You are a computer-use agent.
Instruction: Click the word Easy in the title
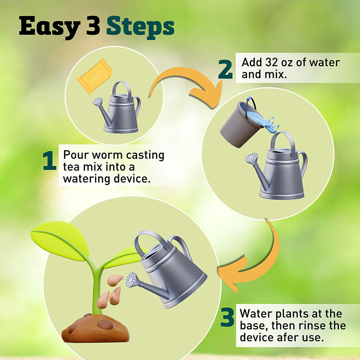click(49, 27)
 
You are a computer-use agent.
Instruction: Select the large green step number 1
click(50, 161)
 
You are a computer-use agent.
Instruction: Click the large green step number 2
click(225, 70)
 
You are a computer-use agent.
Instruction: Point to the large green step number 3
click(228, 318)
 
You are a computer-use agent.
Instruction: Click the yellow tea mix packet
click(94, 76)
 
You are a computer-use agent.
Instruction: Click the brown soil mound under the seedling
click(95, 328)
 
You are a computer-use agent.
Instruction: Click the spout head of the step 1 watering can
click(98, 101)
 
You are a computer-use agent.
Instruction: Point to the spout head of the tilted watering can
click(131, 279)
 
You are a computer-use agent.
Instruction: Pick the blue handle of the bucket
click(251, 104)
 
